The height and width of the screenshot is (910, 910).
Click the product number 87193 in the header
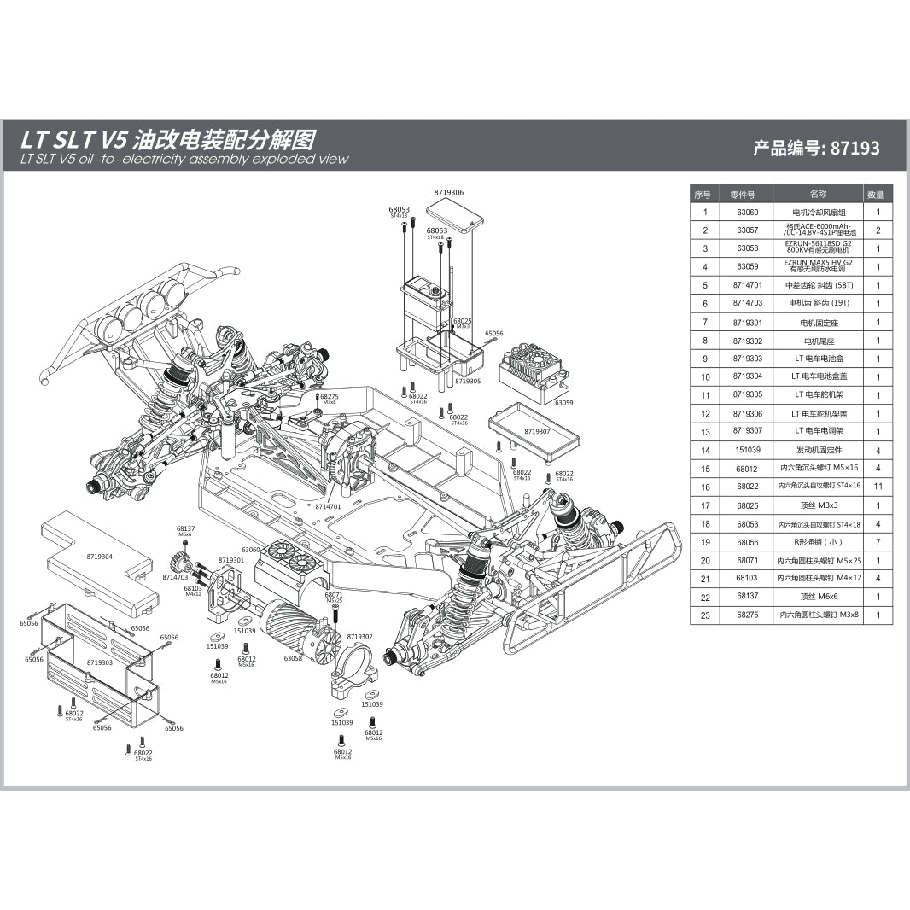(x=855, y=148)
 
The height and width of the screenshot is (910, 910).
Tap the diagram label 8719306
(x=449, y=193)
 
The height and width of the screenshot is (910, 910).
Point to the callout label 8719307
(x=537, y=432)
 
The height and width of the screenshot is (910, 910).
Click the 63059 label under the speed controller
(x=563, y=402)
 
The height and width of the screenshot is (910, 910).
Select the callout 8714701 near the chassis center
(x=328, y=506)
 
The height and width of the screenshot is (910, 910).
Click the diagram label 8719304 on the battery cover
(x=100, y=556)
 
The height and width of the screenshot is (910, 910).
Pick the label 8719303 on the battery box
(x=100, y=662)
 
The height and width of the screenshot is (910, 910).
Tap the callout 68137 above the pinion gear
(x=185, y=529)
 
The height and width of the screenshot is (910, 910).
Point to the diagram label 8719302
(x=359, y=637)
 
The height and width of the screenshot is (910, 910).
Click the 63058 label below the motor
(x=293, y=658)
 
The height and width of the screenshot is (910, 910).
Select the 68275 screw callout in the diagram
(x=330, y=396)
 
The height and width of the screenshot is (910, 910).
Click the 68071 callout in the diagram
(x=334, y=594)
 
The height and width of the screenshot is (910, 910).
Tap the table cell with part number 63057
(x=747, y=230)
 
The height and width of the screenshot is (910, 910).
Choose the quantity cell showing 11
(x=877, y=486)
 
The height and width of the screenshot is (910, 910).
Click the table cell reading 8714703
(x=747, y=304)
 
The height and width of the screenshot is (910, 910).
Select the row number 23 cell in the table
(x=704, y=615)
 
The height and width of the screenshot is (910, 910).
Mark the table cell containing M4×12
(x=819, y=579)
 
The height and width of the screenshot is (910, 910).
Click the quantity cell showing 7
(x=877, y=542)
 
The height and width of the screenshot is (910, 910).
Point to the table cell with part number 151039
(x=747, y=450)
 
